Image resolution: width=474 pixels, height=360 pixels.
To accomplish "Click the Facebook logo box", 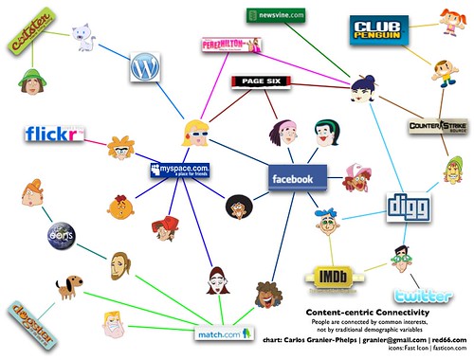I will tap(298, 177).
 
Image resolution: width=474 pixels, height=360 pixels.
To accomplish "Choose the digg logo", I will tap(411, 206).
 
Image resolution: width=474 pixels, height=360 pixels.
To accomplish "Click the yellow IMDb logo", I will tap(329, 277).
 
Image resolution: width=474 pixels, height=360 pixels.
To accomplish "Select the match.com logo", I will tap(222, 333).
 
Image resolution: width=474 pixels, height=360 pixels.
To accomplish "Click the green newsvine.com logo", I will tap(275, 15).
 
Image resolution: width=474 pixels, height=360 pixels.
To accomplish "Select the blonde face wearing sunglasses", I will tap(198, 132).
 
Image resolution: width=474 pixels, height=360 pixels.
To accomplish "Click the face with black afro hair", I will tap(237, 206).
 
